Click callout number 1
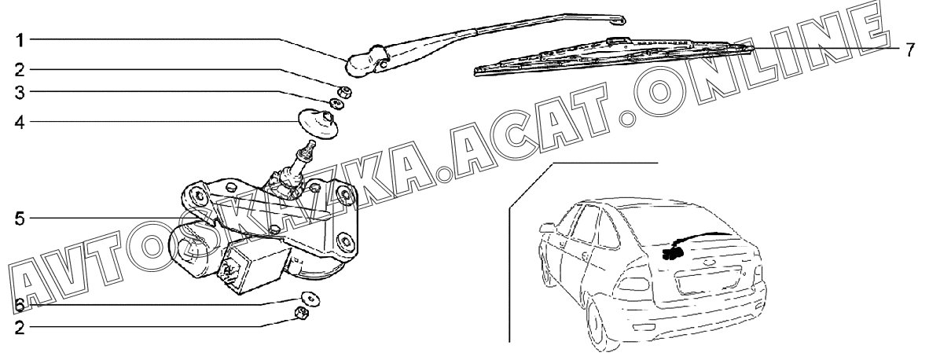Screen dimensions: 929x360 pos(20,40)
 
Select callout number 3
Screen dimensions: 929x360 pos(20,93)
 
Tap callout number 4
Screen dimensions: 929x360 pos(20,123)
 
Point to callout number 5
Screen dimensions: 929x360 pos(20,219)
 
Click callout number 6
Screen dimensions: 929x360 pos(20,306)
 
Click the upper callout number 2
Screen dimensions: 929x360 pos(20,71)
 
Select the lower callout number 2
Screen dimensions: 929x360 pos(20,328)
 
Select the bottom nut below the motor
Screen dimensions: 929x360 pos(301,313)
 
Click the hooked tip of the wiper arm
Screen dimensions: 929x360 pos(618,20)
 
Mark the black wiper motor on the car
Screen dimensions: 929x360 pos(674,253)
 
